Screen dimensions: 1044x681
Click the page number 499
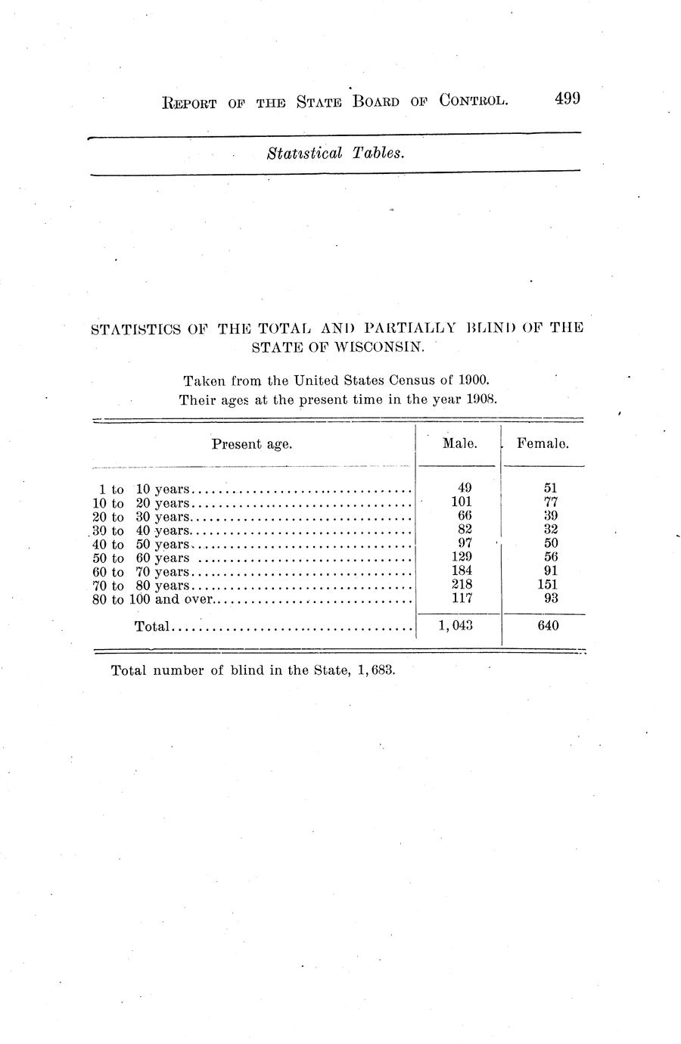(x=567, y=100)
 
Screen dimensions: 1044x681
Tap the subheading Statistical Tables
(x=336, y=154)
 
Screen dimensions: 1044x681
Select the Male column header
(x=459, y=444)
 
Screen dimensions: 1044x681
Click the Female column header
(x=543, y=444)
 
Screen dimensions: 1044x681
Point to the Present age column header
(x=251, y=445)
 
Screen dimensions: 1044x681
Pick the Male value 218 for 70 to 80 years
(x=461, y=585)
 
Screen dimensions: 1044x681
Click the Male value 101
(x=462, y=503)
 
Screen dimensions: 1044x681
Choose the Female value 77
(x=551, y=503)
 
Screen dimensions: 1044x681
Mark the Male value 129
(x=462, y=558)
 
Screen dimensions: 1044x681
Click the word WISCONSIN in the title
(x=379, y=347)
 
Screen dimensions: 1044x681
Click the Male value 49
(x=465, y=489)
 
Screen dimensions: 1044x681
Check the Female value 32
(x=551, y=530)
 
